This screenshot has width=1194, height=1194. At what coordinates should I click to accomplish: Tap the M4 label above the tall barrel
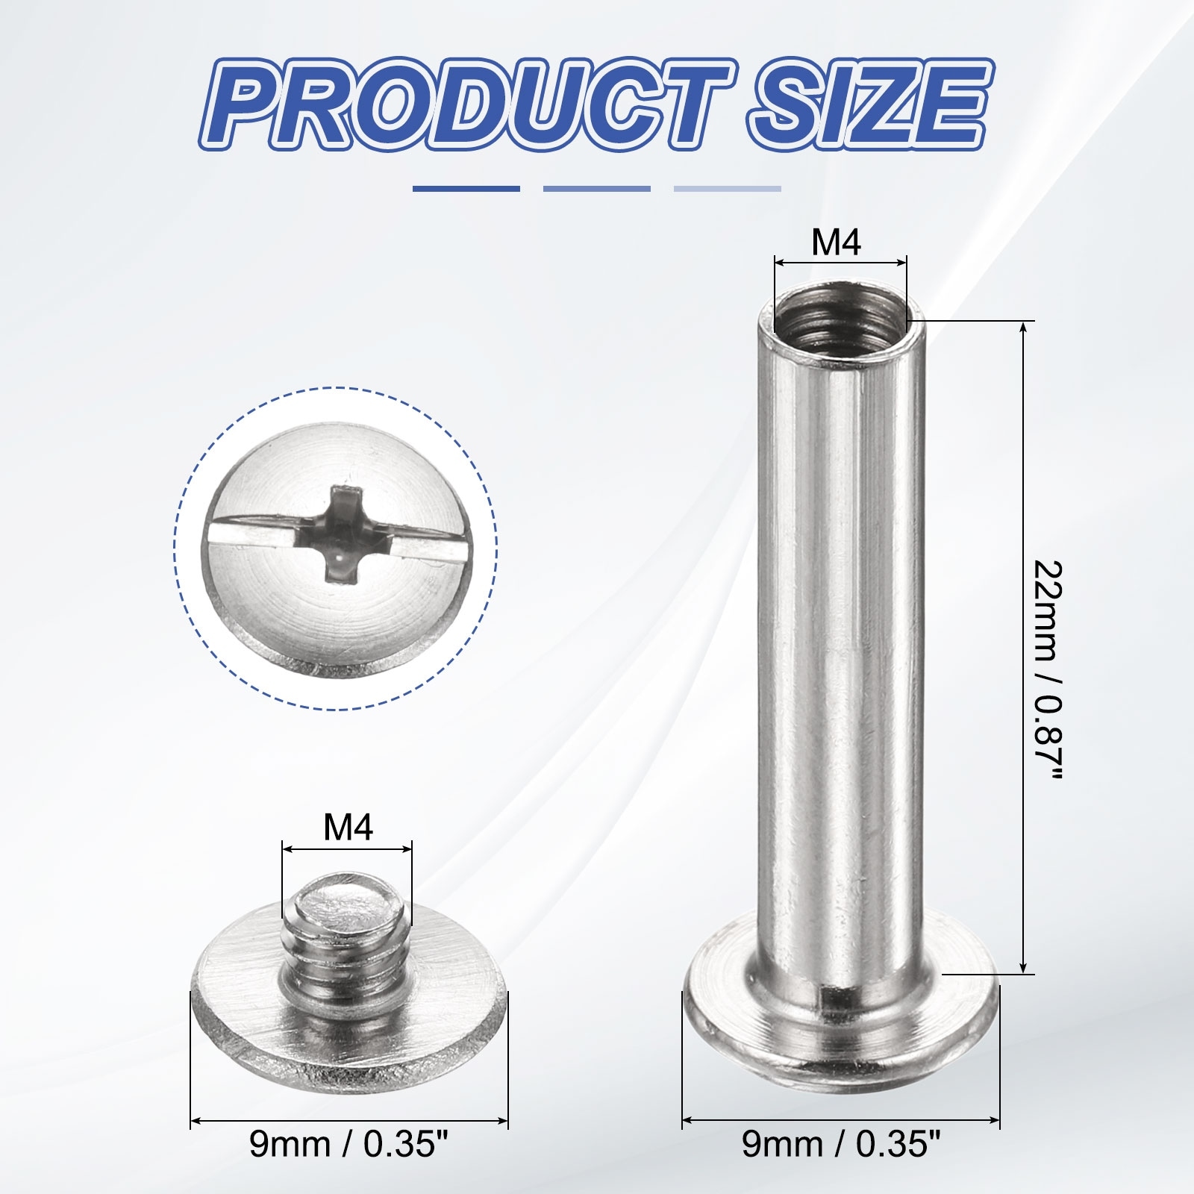[837, 243]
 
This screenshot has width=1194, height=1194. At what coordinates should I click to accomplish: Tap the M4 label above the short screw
[348, 828]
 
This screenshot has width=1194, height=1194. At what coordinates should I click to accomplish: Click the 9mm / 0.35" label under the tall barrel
[841, 1166]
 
